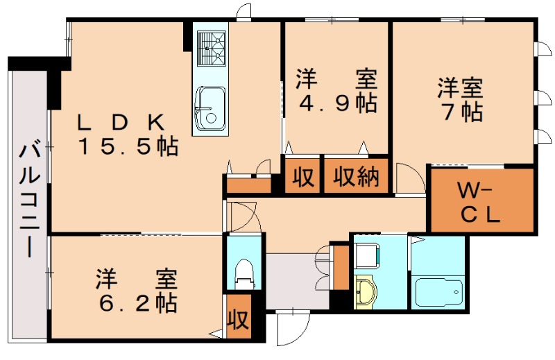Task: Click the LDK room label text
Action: pyautogui.click(x=121, y=122)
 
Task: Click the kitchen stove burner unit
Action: pyautogui.click(x=211, y=49)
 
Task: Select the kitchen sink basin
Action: pyautogui.click(x=209, y=108)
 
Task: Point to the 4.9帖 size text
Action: pyautogui.click(x=338, y=103)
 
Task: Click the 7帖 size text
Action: pyautogui.click(x=459, y=111)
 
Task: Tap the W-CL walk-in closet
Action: pyautogui.click(x=482, y=200)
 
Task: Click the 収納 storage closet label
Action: pyautogui.click(x=357, y=178)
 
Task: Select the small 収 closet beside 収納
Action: pyautogui.click(x=302, y=178)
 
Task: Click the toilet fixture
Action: pyautogui.click(x=244, y=273)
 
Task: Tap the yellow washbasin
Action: pyautogui.click(x=364, y=292)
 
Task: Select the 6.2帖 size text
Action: pyautogui.click(x=136, y=302)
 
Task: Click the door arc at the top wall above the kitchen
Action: pyautogui.click(x=244, y=11)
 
